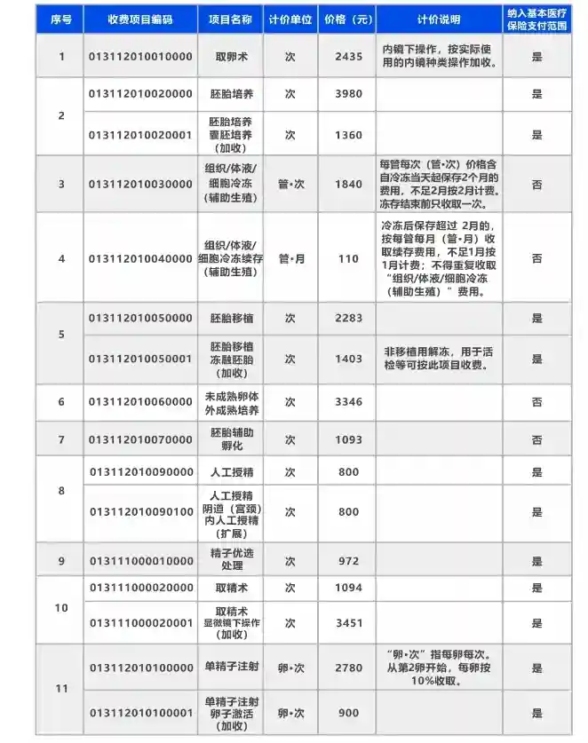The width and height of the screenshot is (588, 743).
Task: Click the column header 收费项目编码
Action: pyautogui.click(x=139, y=19)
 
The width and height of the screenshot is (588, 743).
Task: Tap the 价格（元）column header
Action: pyautogui.click(x=349, y=19)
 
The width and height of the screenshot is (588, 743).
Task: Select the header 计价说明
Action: pyautogui.click(x=439, y=19)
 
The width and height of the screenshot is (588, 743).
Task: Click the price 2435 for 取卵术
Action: pyautogui.click(x=349, y=56)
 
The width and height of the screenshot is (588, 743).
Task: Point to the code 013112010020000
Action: pyautogui.click(x=139, y=93)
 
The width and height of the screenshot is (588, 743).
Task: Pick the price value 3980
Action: pyautogui.click(x=349, y=93)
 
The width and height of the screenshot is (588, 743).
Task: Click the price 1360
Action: pyautogui.click(x=349, y=135)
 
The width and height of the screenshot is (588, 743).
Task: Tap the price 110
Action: pyautogui.click(x=349, y=258)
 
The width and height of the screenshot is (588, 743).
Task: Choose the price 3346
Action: pyautogui.click(x=349, y=402)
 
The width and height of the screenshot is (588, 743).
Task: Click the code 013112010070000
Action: pyautogui.click(x=139, y=439)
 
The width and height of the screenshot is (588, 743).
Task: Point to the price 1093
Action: pyautogui.click(x=349, y=439)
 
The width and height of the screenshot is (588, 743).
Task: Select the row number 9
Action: pyautogui.click(x=60, y=561)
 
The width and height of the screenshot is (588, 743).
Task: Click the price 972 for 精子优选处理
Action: pyautogui.click(x=349, y=561)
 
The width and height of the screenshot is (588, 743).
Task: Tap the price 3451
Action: pyautogui.click(x=349, y=623)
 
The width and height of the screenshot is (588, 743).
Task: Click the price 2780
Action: pyautogui.click(x=349, y=667)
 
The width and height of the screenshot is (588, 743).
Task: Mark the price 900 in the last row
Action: pyautogui.click(x=349, y=713)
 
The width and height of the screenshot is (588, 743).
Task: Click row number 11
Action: pyautogui.click(x=60, y=689)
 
